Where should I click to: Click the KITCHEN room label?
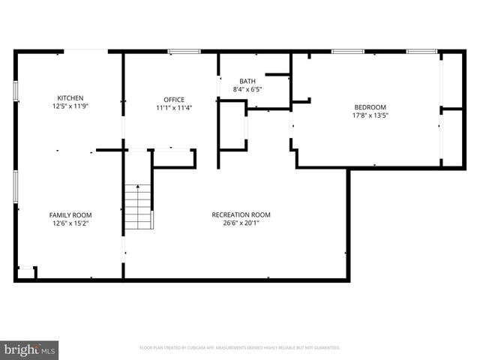click(70, 98)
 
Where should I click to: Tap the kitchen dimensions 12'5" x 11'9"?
click(70, 106)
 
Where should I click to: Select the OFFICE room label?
click(174, 100)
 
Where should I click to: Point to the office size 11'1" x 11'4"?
click(174, 108)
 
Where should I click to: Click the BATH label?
click(247, 81)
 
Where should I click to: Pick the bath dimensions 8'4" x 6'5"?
click(247, 89)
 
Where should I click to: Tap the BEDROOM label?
click(370, 107)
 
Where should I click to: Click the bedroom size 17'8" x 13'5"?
click(370, 115)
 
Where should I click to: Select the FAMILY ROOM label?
click(70, 214)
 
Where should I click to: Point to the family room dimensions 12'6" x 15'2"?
click(70, 223)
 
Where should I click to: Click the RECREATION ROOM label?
click(241, 214)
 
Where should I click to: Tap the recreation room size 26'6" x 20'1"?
click(241, 223)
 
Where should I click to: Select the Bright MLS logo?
click(29, 349)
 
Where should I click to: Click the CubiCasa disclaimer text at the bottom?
click(240, 348)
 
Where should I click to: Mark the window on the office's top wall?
click(184, 52)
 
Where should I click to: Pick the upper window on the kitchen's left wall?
click(16, 89)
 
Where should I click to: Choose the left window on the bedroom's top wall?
click(348, 52)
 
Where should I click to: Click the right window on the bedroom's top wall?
click(421, 52)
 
